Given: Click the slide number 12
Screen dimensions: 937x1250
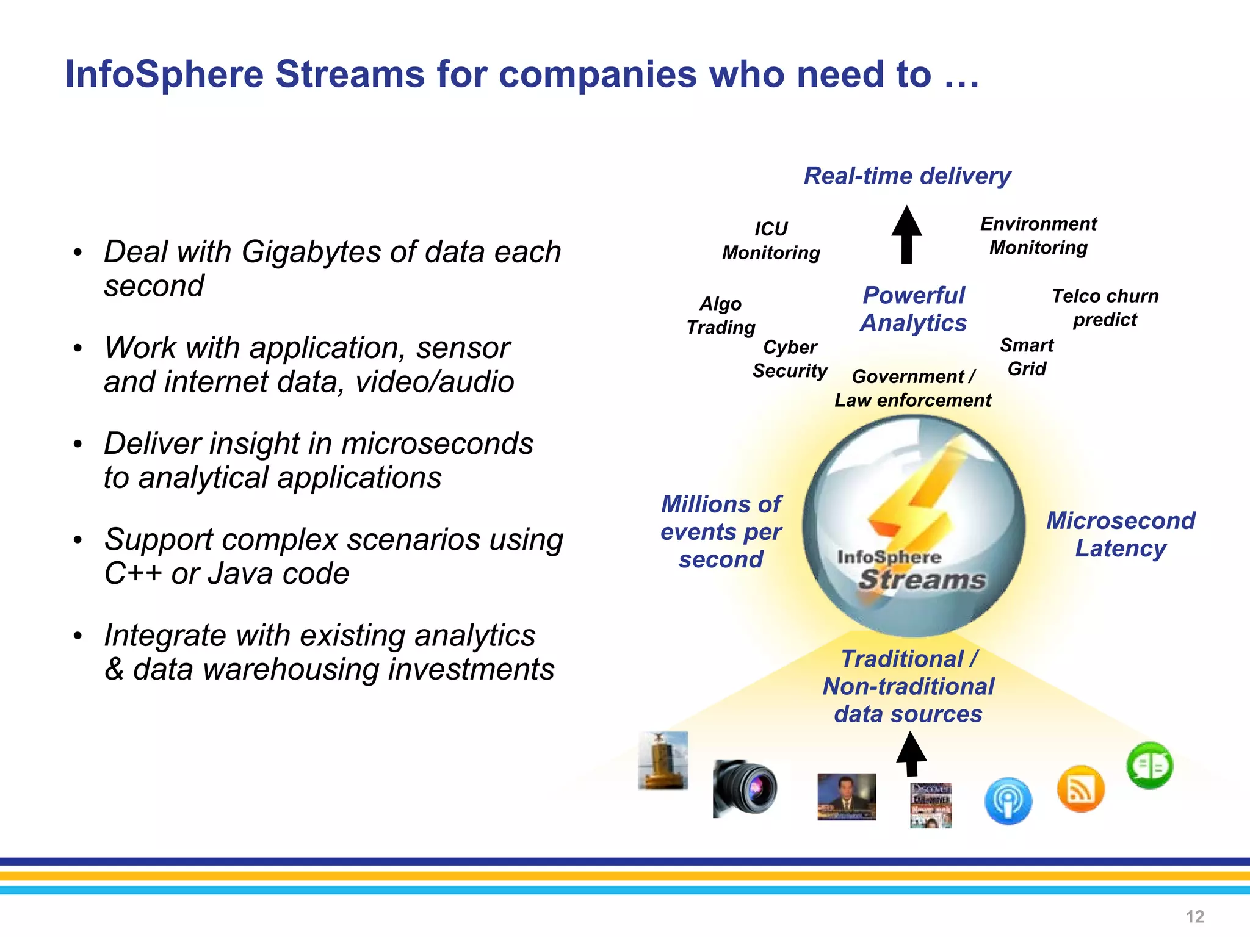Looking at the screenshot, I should (1194, 916).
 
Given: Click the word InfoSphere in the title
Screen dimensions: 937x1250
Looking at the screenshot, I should (164, 74).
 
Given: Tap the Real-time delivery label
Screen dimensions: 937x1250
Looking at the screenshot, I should (907, 176).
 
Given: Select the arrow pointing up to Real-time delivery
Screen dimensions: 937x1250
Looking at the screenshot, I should (906, 235).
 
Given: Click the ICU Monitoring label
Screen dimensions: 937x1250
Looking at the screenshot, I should (771, 240).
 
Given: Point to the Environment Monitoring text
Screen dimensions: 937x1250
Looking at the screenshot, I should (1038, 235).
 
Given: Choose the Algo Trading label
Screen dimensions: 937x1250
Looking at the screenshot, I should (721, 315).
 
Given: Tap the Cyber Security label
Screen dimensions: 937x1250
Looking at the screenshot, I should (790, 359).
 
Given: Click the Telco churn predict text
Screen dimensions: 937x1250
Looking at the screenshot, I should (1105, 307).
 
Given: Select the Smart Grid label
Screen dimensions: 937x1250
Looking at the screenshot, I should (1027, 357).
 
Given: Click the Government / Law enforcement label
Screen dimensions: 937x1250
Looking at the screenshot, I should (913, 388).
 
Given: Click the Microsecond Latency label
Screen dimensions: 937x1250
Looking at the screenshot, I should (1121, 534).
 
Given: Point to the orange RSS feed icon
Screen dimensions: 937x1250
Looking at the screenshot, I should (1080, 789).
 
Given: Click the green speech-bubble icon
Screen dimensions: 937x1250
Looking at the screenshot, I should (1149, 766).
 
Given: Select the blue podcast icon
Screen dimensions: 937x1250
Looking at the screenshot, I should (1008, 801).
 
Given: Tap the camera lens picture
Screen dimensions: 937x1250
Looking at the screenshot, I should (745, 788).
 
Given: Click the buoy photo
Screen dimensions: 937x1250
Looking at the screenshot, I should (663, 761).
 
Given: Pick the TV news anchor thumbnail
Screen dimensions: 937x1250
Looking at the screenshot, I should (847, 797).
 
